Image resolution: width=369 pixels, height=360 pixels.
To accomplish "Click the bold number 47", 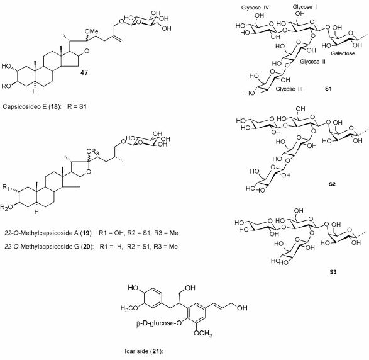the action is click(x=84, y=72).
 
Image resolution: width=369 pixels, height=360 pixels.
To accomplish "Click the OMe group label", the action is click(x=91, y=31).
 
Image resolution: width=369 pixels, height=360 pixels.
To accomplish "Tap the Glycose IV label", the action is click(x=255, y=8).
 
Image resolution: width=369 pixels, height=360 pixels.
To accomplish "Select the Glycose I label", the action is click(x=304, y=7).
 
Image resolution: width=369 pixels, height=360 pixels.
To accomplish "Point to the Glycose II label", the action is click(x=313, y=62).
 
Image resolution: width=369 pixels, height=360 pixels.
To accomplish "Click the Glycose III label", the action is click(x=289, y=89).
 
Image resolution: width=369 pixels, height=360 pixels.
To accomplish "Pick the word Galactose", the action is click(x=343, y=53).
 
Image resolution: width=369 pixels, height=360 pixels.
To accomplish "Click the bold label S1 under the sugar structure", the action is click(x=328, y=89).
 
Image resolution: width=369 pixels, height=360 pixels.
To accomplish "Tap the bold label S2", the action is click(x=332, y=184).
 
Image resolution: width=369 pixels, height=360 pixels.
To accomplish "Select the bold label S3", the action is click(x=333, y=272).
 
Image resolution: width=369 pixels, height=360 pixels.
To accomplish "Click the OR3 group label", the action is click(x=92, y=152).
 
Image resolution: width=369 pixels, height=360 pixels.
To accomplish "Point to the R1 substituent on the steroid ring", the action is click(x=6, y=188).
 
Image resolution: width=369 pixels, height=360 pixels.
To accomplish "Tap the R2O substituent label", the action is click(x=6, y=207).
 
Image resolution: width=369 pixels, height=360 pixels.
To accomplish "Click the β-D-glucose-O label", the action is click(x=159, y=323).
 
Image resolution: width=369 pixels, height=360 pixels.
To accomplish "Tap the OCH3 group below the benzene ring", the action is click(x=203, y=334).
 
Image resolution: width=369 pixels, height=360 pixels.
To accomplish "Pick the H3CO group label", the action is click(x=129, y=308).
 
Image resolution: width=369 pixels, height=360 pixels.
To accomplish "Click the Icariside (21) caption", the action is click(x=144, y=352).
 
